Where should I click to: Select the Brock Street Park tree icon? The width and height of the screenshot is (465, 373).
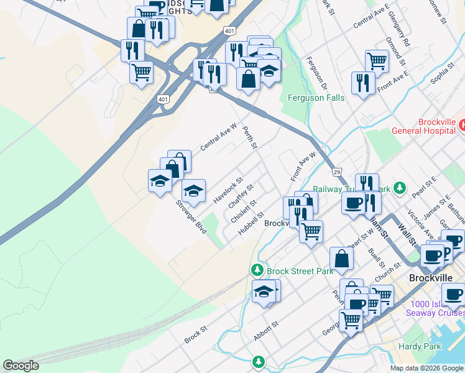pos(257,270)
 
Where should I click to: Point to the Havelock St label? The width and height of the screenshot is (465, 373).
pos(227,190)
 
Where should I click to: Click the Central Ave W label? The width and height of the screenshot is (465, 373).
pos(218,136)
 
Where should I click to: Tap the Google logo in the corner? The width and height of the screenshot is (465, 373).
pos(21,366)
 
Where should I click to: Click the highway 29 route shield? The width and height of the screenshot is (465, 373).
pos(336,172)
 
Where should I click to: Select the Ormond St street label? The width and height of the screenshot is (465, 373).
pos(395,54)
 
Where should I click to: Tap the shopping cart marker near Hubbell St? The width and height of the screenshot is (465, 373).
pos(311,231)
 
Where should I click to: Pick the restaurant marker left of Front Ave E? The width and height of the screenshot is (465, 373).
pos(363,83)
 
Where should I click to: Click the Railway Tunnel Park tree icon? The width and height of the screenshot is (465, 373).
pos(401,188)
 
